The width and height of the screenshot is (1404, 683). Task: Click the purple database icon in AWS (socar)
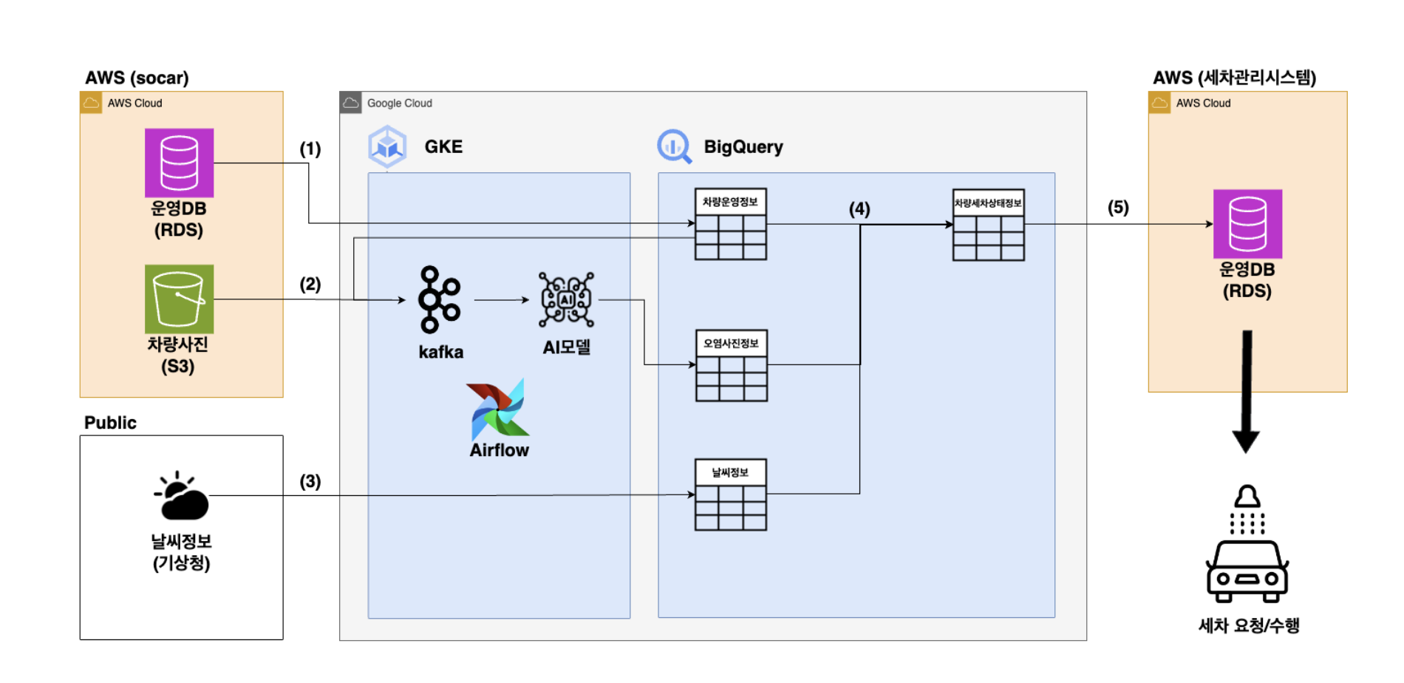click(179, 163)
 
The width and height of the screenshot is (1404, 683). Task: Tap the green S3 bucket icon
click(179, 299)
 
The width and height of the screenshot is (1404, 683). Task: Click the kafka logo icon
click(439, 299)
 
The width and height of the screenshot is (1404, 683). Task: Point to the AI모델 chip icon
click(566, 299)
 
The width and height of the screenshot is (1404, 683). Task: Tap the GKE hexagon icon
click(387, 146)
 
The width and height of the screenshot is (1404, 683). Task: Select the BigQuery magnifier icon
click(674, 146)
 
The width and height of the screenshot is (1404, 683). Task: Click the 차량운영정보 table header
click(730, 202)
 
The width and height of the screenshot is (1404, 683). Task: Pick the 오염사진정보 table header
click(731, 343)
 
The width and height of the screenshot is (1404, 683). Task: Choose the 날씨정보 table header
click(730, 472)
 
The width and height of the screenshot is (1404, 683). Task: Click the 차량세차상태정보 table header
click(988, 203)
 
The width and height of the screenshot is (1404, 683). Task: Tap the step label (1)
click(310, 149)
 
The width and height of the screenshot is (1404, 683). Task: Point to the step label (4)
click(859, 209)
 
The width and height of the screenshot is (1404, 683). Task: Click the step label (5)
click(1118, 208)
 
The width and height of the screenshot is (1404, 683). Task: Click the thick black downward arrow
click(1247, 392)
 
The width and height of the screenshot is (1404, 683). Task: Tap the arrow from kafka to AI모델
click(501, 300)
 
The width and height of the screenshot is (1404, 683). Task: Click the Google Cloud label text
click(399, 103)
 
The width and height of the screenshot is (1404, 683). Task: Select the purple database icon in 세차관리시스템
click(1247, 224)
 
